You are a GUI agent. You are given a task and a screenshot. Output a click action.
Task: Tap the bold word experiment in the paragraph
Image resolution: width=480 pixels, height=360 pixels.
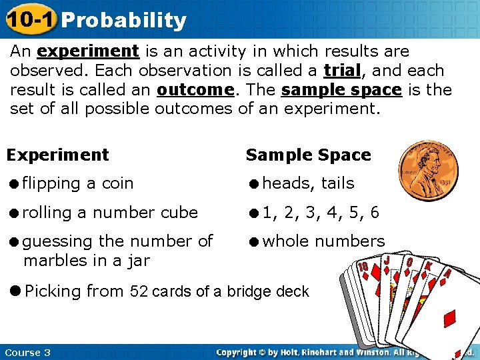point(88,51)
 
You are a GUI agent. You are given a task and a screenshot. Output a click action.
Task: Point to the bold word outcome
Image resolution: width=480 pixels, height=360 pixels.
point(194,89)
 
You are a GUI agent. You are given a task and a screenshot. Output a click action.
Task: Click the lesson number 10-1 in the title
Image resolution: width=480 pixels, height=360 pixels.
point(29,19)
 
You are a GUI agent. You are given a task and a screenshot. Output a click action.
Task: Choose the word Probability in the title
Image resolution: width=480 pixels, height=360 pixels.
point(124,21)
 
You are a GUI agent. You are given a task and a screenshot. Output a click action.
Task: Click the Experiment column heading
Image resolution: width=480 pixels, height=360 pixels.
point(57,155)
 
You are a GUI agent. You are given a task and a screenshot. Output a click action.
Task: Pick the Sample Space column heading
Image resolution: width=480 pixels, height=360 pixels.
point(308,155)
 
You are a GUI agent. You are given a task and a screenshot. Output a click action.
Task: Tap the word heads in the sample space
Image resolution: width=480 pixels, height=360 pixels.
point(287,183)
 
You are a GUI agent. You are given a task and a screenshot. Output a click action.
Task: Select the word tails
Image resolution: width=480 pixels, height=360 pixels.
point(337,183)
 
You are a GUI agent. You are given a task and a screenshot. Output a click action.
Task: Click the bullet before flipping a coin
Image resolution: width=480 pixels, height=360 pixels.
point(13,183)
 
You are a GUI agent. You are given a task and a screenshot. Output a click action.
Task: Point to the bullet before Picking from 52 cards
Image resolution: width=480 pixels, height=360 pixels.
point(14,291)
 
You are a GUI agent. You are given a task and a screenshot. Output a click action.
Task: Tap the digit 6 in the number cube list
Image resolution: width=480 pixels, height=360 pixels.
point(374,213)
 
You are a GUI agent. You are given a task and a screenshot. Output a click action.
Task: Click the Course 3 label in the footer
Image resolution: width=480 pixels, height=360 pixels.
point(27,352)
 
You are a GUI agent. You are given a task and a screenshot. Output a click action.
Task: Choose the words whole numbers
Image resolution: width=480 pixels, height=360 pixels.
point(323,241)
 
